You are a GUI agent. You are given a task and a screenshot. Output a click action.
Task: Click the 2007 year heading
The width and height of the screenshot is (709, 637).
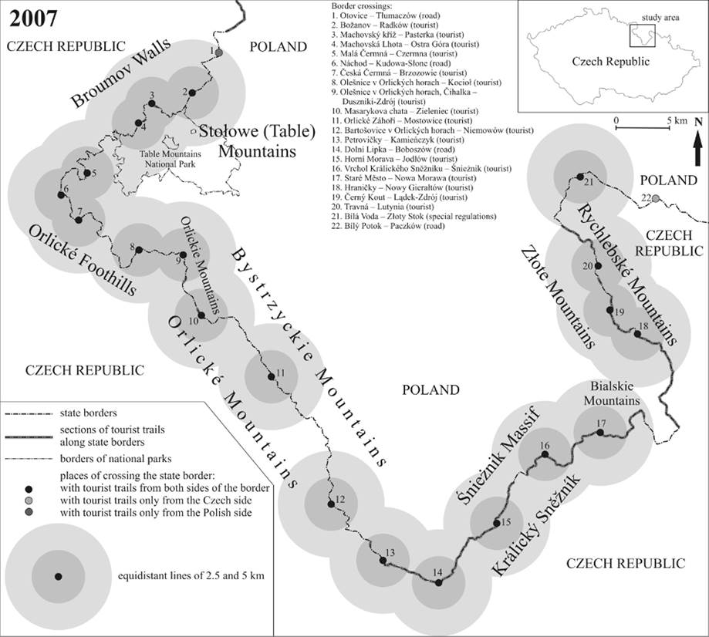point(33,19)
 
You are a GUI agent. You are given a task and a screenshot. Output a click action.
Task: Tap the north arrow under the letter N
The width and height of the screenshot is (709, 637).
point(698,150)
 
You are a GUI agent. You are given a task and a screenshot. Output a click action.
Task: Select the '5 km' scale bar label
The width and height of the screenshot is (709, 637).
point(677,120)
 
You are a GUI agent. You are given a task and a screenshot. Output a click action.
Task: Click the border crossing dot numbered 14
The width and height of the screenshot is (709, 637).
point(438,582)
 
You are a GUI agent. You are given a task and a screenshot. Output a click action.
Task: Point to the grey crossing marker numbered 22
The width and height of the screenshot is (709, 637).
point(655,198)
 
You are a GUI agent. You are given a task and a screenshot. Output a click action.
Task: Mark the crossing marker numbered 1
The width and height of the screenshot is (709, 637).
point(219,53)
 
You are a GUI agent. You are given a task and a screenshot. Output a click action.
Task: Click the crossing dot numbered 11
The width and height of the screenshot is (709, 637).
point(271,376)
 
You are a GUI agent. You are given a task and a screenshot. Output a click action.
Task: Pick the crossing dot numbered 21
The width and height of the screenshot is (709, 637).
point(579,176)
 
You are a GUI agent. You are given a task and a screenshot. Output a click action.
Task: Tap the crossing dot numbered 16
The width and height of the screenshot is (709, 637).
point(545,454)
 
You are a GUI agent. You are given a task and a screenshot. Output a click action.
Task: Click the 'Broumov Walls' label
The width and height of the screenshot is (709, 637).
point(121,72)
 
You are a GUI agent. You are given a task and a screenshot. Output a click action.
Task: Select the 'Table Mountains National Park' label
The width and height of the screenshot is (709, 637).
point(170,159)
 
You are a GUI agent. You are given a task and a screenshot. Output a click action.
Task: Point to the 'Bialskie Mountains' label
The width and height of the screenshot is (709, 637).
point(612,393)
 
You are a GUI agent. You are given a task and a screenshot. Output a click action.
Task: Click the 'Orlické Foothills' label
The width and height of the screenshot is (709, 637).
point(83,260)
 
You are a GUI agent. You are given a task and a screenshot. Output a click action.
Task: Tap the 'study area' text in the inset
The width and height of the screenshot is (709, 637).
point(660,18)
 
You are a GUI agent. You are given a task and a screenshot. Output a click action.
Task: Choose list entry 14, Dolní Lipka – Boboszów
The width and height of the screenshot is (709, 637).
point(393,149)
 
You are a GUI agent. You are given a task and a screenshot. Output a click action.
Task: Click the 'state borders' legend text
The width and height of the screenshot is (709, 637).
point(88,413)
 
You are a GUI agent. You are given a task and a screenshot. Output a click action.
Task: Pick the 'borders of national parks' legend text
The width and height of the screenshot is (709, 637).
point(116,459)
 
